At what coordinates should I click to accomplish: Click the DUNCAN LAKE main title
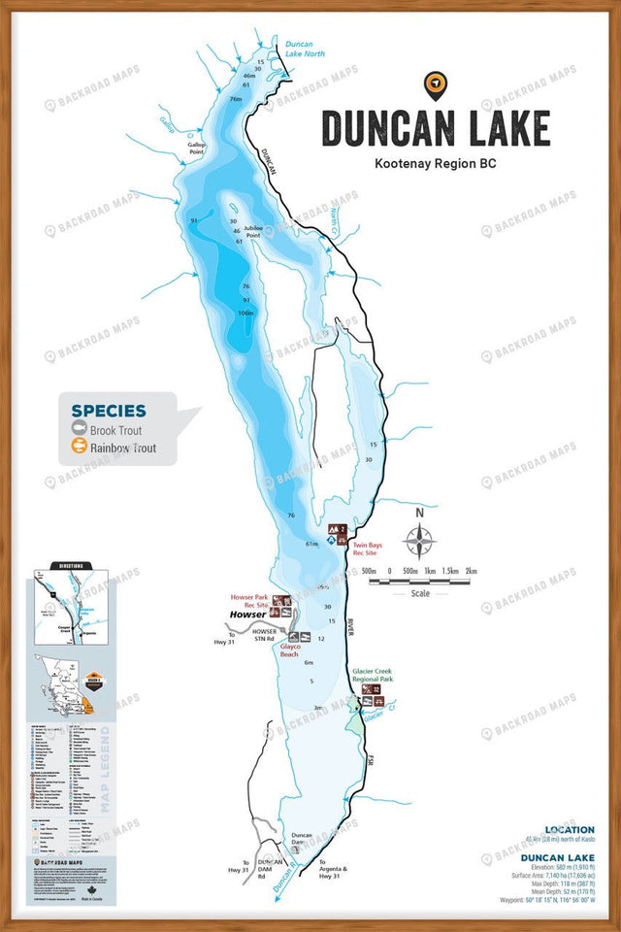pos(436,129)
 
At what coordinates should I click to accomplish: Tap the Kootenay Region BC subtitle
pos(436,164)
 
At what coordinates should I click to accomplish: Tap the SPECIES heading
pos(109,411)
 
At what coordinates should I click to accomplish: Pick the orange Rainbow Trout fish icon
pos(78,448)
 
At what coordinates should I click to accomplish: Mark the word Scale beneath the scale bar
pos(420,593)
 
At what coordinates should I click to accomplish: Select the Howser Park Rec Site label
pos(249,601)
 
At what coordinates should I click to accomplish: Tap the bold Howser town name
pos(247,616)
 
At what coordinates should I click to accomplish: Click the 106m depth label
pos(245,313)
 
